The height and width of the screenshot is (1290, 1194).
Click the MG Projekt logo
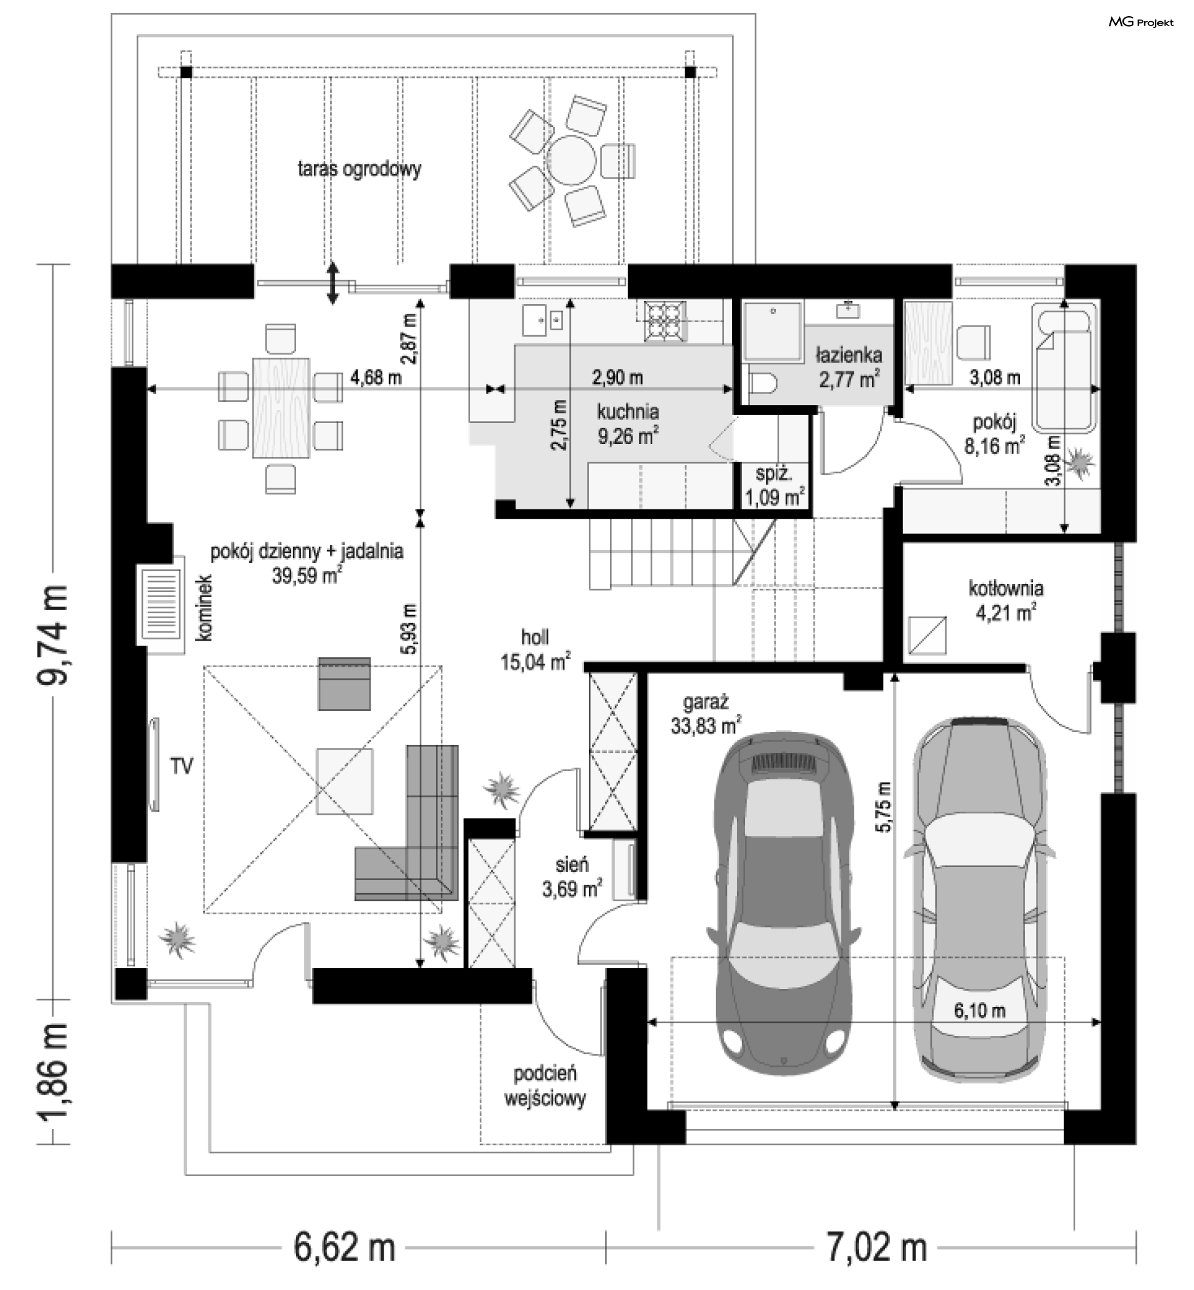(1141, 22)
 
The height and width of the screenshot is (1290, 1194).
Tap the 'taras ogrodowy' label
(359, 169)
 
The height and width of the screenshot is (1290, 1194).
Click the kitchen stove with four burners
(664, 321)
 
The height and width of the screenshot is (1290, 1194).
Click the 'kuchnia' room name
(628, 411)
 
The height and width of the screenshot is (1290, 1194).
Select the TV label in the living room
(182, 766)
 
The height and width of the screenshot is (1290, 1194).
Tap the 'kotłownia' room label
(1006, 589)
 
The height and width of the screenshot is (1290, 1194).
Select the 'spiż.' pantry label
(774, 474)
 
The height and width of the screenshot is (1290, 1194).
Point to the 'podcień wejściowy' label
(545, 1086)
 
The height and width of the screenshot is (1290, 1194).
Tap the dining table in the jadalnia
(280, 408)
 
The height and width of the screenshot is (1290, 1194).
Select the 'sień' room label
(572, 865)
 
